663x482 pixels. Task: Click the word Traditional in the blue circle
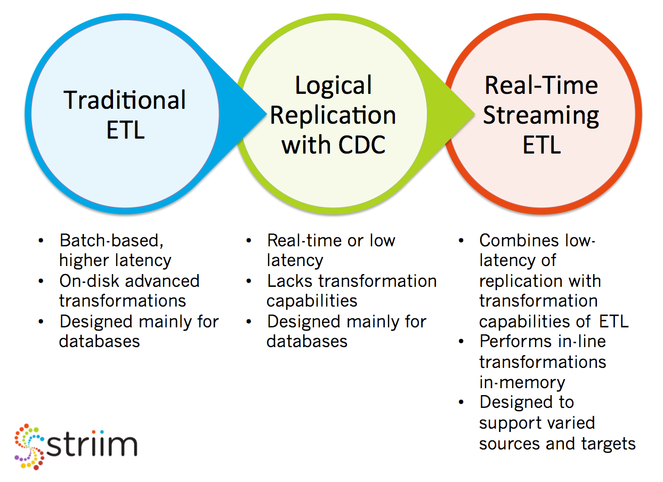pos(125,100)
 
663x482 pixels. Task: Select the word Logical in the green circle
pos(333,86)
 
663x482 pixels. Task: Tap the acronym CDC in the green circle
pos(362,145)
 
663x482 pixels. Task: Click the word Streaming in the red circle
pos(541,116)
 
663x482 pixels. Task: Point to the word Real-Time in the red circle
pos(541,85)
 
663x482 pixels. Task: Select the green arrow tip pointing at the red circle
pos(474,114)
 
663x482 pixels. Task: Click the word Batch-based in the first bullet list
pos(111,240)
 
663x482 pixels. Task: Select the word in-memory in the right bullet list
pos(522,382)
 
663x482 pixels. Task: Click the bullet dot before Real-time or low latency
pos(248,240)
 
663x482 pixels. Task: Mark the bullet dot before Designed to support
pos(461,402)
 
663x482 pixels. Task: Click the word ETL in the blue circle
pos(125,130)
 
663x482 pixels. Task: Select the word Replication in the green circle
pos(333,116)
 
